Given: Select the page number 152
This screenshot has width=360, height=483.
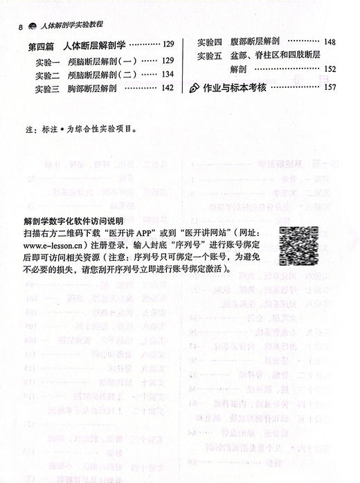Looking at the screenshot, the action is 330,69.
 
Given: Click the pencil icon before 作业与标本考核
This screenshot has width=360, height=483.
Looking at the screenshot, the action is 195,88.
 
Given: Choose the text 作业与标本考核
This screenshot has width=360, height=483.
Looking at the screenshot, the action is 236,87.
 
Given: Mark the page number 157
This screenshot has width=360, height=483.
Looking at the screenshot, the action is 330,87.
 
